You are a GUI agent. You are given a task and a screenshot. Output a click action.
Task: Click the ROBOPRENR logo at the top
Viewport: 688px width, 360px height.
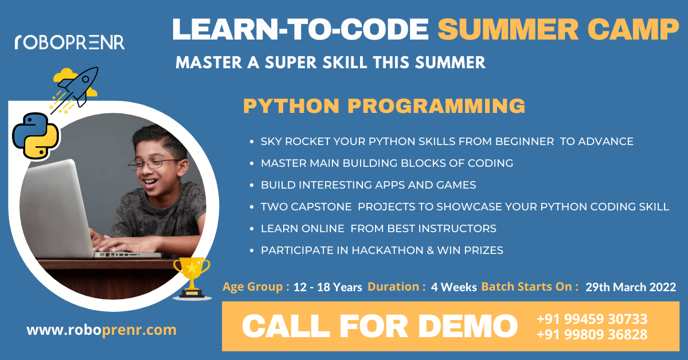pos(70,42)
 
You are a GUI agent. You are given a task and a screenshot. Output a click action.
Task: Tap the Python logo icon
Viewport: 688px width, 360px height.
pos(36,136)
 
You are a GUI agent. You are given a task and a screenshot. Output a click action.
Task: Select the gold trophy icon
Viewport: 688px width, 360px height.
pos(191,278)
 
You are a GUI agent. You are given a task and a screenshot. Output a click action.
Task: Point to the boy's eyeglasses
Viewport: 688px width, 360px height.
pos(153,164)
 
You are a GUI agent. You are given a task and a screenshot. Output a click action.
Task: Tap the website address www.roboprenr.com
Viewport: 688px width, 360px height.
pos(101,330)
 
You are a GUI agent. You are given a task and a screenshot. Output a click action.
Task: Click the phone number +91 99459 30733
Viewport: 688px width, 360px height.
pos(592,319)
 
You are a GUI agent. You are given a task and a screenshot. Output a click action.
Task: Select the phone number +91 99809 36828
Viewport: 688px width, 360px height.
pos(592,335)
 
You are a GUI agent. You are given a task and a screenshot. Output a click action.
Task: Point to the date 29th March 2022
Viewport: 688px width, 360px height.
pos(631,287)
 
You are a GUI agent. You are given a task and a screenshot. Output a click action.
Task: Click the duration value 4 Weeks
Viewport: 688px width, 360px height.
pos(454,287)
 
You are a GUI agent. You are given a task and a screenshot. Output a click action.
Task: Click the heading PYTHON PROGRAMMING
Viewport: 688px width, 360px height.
pos(384,106)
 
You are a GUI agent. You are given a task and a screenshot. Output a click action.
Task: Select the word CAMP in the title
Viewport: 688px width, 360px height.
pos(633,29)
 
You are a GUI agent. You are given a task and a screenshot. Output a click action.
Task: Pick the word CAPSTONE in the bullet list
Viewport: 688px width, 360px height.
pos(321,207)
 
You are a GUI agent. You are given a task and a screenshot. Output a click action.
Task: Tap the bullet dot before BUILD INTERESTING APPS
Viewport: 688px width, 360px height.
pos(252,185)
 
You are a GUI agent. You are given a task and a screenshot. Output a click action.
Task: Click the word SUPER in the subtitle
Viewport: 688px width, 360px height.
pos(291,62)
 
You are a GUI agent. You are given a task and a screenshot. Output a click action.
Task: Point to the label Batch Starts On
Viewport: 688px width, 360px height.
pos(526,287)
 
